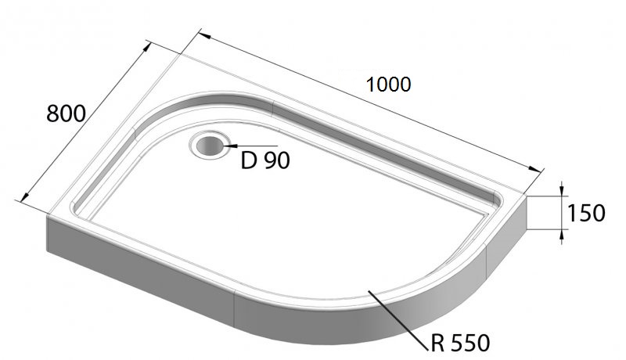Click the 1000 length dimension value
pos(389,84)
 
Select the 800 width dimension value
pos(66,113)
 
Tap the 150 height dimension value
pos(587,213)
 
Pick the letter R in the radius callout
pos(437,342)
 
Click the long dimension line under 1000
pos(368,103)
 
